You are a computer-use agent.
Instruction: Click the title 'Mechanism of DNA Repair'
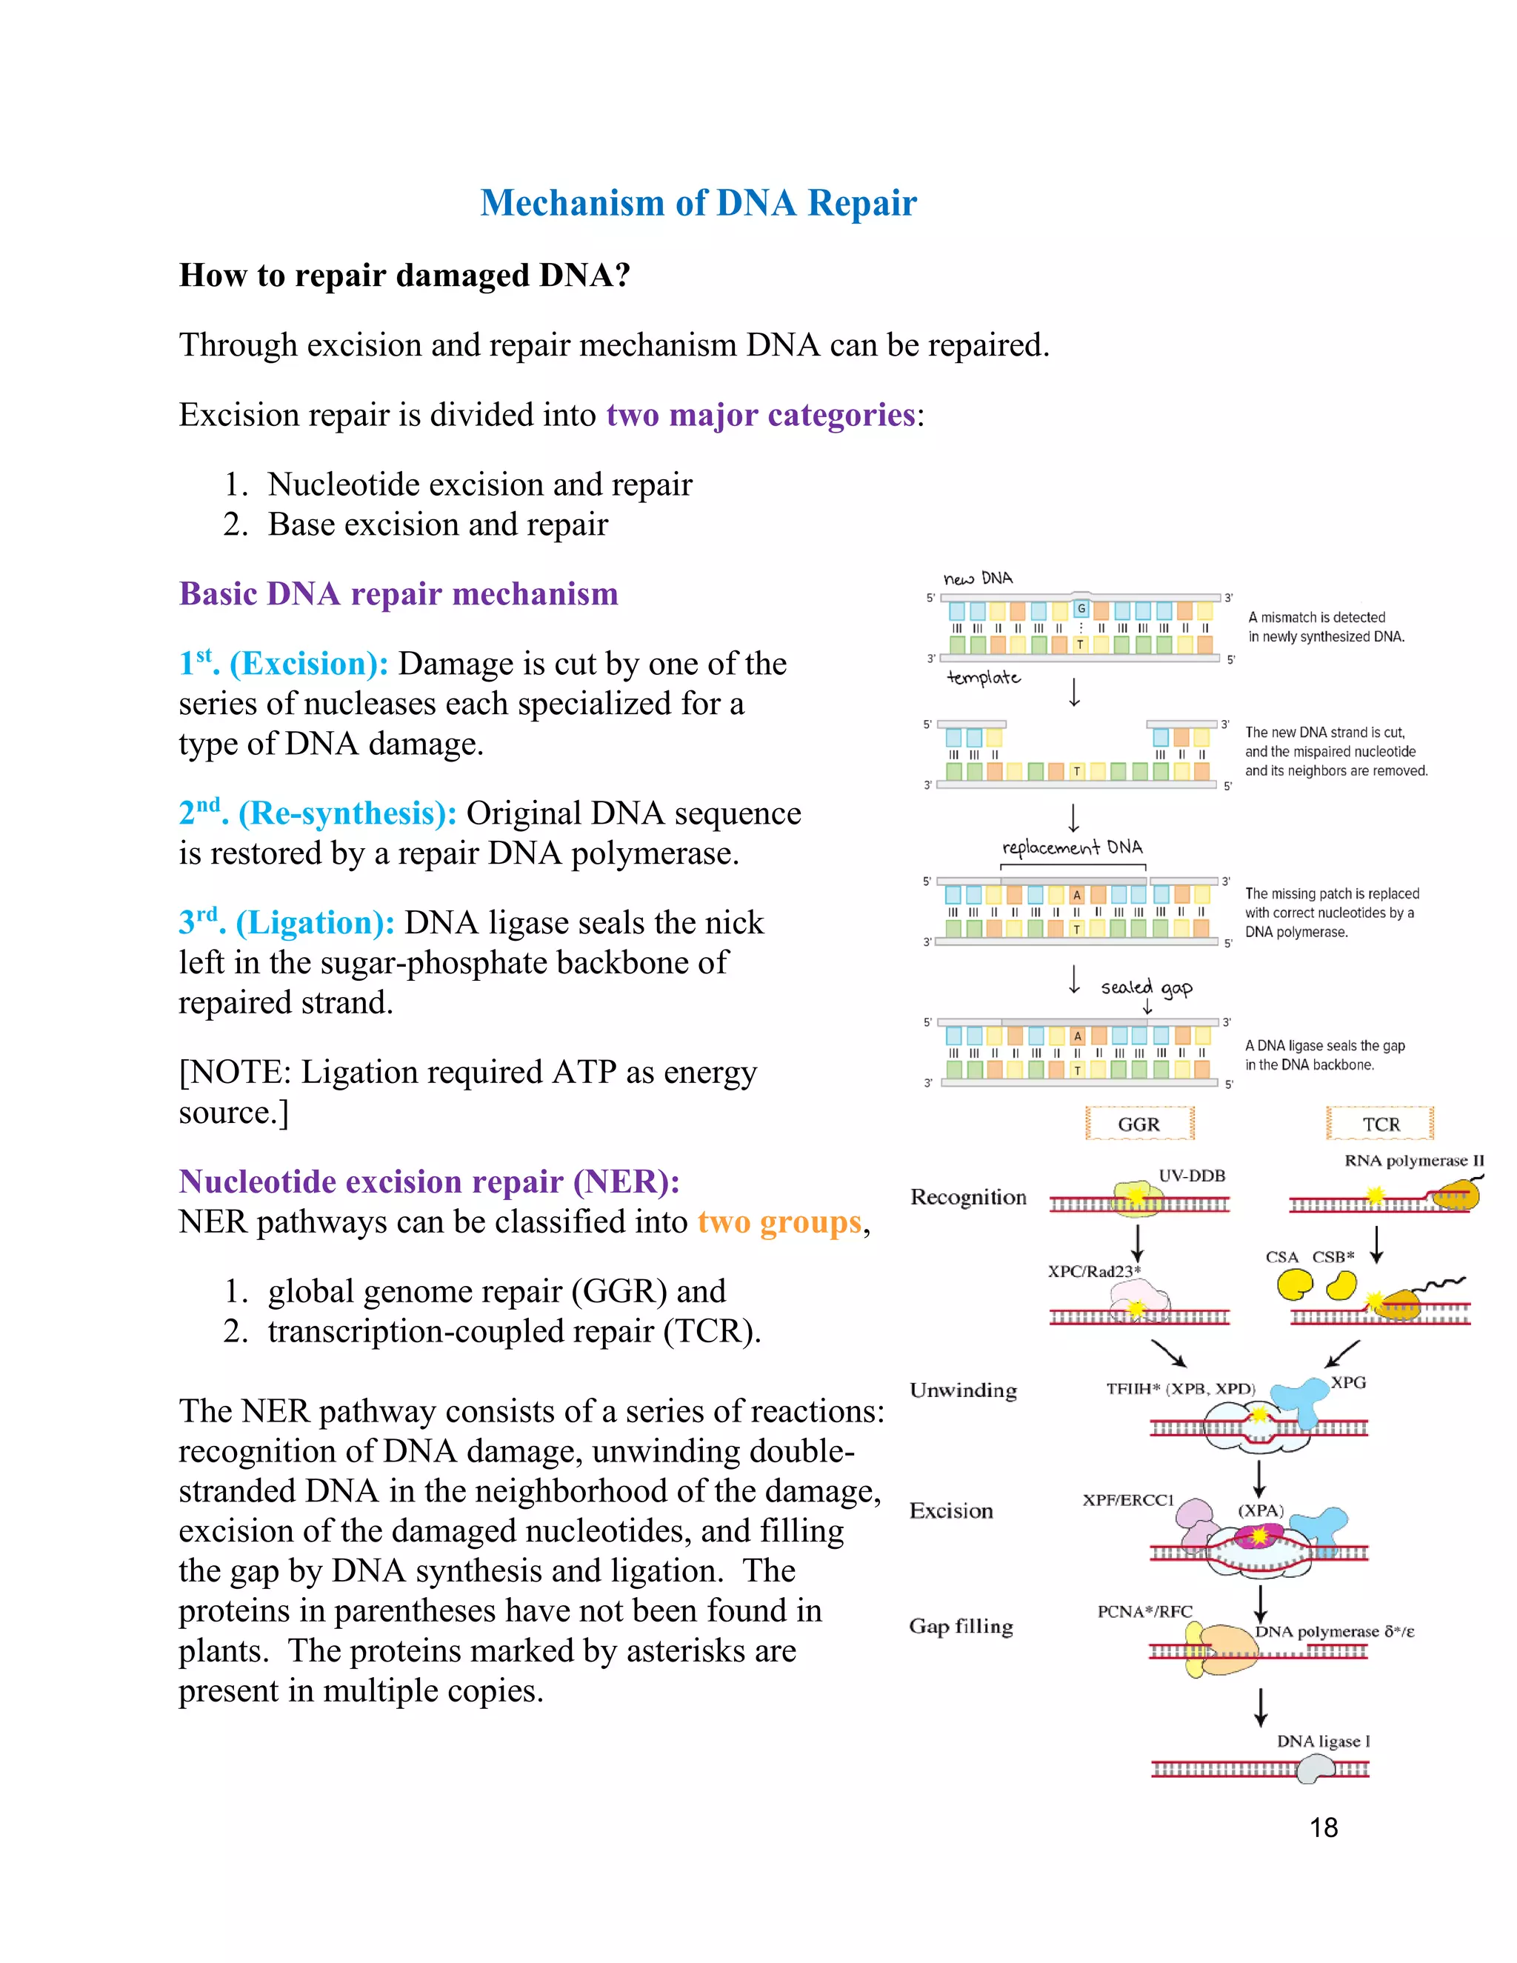coord(699,203)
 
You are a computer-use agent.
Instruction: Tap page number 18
coord(1323,1827)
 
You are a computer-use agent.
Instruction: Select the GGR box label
coord(1138,1124)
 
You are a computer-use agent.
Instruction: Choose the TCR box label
coord(1381,1124)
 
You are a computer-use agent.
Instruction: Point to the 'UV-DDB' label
coord(1192,1176)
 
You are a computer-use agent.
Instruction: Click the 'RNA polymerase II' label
coord(1413,1160)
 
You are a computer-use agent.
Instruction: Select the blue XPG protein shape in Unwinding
coord(1301,1400)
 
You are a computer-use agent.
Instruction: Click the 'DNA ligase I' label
coord(1323,1741)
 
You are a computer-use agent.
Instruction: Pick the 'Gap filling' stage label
coord(961,1627)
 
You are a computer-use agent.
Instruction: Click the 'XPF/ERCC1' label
coord(1128,1500)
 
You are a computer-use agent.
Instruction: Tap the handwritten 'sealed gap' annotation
coord(1147,987)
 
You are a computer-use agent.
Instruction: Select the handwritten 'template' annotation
coord(984,678)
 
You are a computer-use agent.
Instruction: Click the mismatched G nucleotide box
coord(1081,608)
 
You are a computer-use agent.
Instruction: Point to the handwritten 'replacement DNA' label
coord(1072,847)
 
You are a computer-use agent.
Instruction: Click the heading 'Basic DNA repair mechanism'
coord(398,594)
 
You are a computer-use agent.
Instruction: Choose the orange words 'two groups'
coord(779,1222)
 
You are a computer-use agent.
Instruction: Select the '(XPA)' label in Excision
coord(1261,1511)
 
